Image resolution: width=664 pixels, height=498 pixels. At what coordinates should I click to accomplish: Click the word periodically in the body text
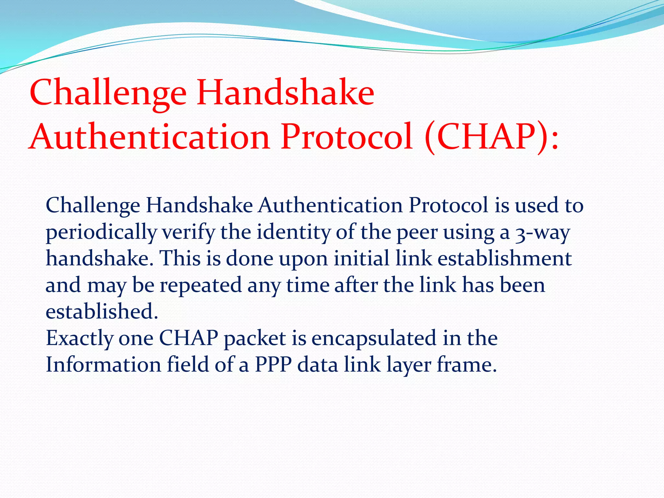101,232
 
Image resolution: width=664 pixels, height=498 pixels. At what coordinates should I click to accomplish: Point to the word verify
188,232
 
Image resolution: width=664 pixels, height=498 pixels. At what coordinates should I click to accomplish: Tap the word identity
293,232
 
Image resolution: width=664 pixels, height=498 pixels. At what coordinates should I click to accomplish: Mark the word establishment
504,259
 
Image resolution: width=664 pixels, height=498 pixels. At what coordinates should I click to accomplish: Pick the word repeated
201,285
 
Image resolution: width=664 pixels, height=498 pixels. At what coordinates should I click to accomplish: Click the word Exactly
79,338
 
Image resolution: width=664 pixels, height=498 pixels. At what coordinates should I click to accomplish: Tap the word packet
255,338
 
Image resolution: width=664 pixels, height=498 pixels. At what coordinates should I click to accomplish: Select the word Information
103,365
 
